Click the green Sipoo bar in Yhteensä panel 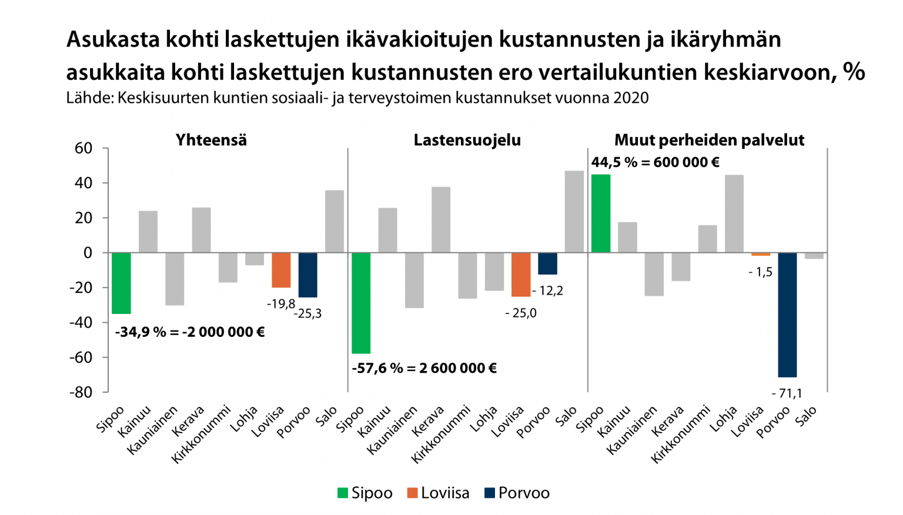click(121, 283)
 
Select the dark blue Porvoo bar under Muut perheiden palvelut click(787, 315)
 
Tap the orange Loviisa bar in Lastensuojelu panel click(521, 275)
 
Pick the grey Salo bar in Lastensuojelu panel click(574, 212)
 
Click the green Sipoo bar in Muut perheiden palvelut click(600, 213)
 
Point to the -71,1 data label click(787, 393)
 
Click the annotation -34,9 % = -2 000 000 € click(189, 332)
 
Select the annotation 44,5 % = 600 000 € click(655, 162)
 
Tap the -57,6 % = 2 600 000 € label click(424, 369)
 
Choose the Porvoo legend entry click(517, 493)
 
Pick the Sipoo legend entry click(364, 493)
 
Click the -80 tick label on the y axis click(81, 392)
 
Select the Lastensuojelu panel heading click(467, 140)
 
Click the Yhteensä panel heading click(211, 140)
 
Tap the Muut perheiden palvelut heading click(709, 140)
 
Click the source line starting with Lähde click(357, 98)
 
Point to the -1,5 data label click(760, 272)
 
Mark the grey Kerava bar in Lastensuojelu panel click(441, 220)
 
